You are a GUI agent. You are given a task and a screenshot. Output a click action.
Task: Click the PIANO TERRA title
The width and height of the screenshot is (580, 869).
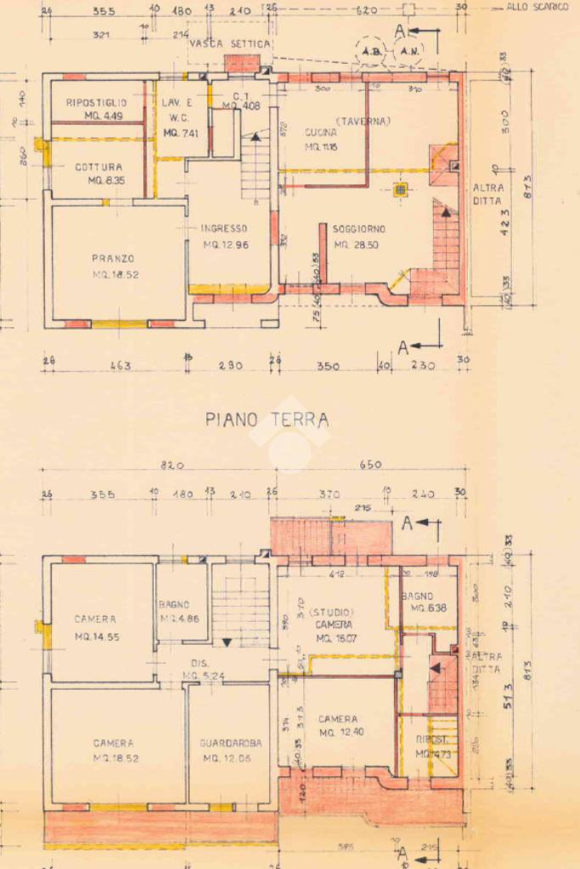point(267,419)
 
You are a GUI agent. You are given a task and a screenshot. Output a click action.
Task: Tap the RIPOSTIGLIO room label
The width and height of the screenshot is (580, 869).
point(97,103)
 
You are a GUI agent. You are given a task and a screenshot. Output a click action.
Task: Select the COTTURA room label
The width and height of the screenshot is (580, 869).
point(99,167)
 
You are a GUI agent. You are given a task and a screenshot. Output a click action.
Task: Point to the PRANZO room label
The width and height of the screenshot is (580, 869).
point(113,258)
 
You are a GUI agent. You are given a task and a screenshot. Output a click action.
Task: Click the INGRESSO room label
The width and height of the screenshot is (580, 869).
point(223,229)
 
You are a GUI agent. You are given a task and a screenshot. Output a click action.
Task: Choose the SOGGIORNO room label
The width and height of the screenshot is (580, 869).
point(359,229)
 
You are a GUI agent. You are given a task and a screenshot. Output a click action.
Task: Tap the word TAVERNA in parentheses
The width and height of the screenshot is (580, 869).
point(363,121)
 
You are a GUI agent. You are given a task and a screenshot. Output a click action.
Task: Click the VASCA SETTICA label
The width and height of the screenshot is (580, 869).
point(230,42)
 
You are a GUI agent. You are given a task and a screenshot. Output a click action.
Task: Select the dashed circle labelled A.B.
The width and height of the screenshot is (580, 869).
point(371,51)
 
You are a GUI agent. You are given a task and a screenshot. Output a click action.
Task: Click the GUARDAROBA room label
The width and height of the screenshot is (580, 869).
point(231,742)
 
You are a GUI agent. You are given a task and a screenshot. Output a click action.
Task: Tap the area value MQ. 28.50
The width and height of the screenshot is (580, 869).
point(356,245)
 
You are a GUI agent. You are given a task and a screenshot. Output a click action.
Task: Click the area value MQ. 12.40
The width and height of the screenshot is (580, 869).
point(339,731)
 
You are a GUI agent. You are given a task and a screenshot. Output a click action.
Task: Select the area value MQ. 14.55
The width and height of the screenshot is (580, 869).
point(95,636)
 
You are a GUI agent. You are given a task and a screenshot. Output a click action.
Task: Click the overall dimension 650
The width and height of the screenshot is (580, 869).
point(371,465)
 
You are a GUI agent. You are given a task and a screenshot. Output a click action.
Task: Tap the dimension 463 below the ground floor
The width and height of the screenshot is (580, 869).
point(120,366)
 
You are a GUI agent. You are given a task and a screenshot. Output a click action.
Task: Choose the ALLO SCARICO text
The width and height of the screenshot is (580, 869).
point(537,7)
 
